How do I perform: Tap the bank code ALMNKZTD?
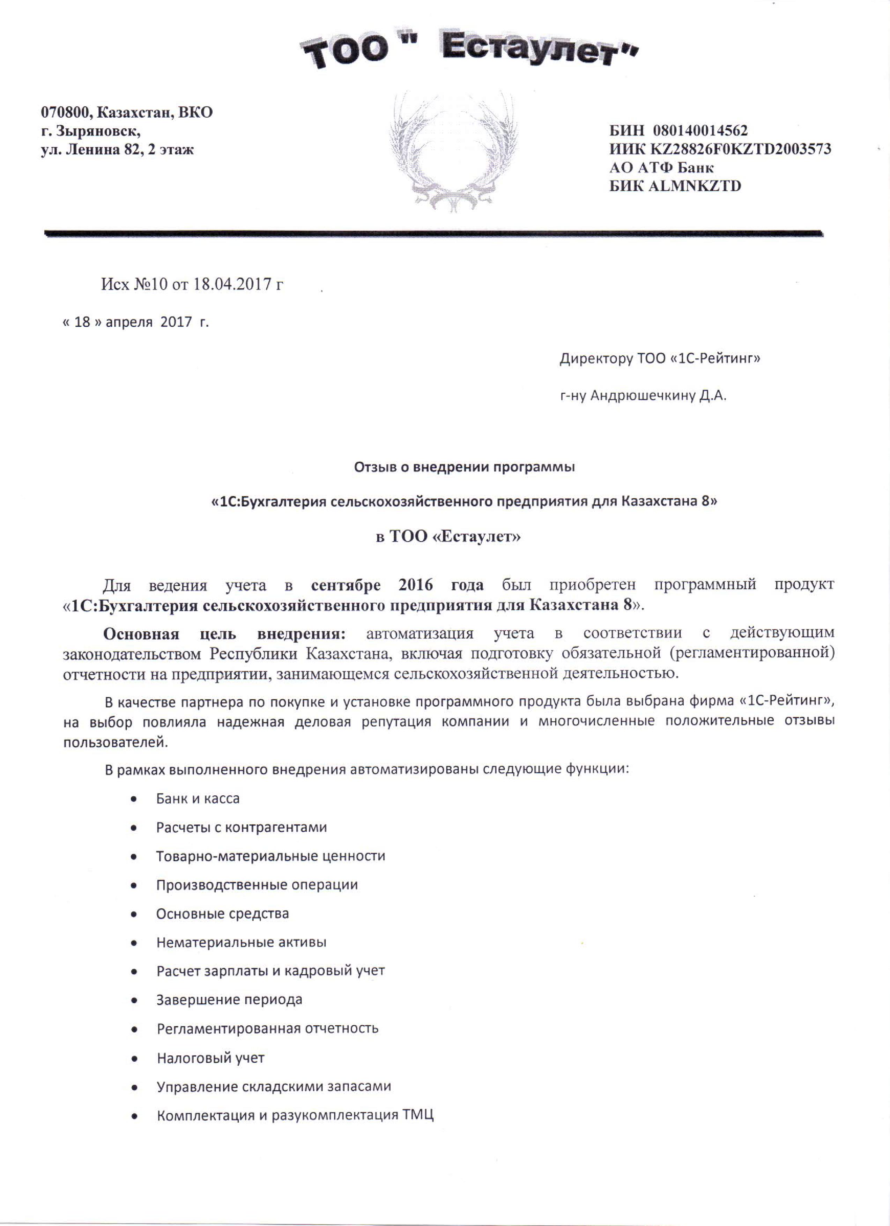[x=695, y=186]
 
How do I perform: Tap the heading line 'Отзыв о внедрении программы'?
[x=464, y=467]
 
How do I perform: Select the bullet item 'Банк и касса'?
[x=197, y=798]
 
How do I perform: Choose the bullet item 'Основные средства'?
[x=222, y=914]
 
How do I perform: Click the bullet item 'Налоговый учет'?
[x=210, y=1058]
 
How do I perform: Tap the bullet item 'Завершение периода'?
[x=229, y=1000]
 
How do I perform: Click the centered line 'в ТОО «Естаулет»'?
[x=449, y=537]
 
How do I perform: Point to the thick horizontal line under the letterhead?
[x=432, y=233]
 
